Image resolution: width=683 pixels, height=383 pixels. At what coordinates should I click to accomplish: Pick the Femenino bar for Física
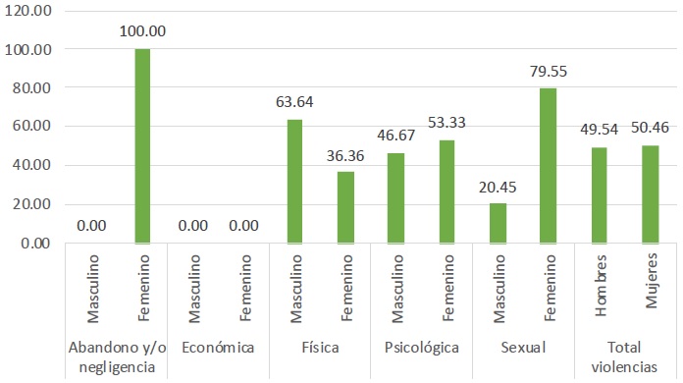click(x=345, y=207)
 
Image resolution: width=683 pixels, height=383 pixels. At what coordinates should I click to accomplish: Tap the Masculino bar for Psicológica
click(x=396, y=197)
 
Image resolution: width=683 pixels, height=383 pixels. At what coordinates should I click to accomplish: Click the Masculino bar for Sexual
click(x=499, y=223)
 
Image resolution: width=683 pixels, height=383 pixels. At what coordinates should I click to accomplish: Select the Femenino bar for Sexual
click(x=549, y=165)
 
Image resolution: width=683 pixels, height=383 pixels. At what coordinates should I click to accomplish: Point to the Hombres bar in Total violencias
click(x=600, y=194)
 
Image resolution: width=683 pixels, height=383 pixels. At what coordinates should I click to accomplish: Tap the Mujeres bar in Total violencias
click(x=650, y=193)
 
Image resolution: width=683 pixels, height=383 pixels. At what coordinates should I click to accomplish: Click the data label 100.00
click(x=143, y=30)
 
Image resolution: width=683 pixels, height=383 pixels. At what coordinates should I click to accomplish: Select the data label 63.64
click(x=295, y=101)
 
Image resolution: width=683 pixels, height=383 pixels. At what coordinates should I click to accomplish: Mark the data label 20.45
click(x=499, y=185)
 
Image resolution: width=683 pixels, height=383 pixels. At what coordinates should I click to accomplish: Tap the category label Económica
click(x=218, y=347)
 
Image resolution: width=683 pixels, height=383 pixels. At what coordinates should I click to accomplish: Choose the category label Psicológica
click(x=421, y=347)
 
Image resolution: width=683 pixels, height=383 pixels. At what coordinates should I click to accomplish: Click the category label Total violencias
click(x=624, y=356)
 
